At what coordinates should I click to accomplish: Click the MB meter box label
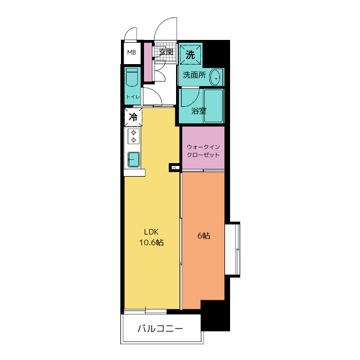pos(132,52)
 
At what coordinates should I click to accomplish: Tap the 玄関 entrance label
pos(166,52)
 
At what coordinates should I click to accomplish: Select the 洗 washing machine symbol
pos(190,55)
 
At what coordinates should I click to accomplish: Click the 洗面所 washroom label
pos(194,75)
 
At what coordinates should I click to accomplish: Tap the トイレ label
pos(133,97)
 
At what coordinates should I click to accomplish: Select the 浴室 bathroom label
pos(199,111)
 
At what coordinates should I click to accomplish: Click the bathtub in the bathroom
pos(213,106)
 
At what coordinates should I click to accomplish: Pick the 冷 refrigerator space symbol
pos(133,117)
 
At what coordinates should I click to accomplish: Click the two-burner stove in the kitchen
pos(134,136)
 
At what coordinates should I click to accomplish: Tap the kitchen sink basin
pos(134,160)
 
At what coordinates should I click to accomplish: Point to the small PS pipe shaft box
pos(174,168)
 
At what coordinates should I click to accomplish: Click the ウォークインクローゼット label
pos(203,151)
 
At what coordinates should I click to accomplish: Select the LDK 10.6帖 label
pos(151,237)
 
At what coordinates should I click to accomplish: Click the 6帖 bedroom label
pos(204,236)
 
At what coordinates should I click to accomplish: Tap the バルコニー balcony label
pos(160,328)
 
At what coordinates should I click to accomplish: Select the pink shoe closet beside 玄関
pos(148,62)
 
